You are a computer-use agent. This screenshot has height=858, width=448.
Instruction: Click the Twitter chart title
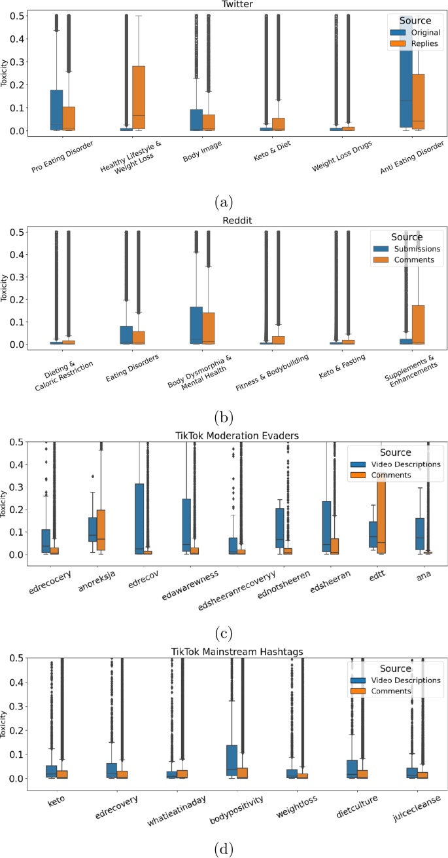coord(225,4)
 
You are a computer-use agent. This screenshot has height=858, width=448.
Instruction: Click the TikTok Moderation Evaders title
coord(224,435)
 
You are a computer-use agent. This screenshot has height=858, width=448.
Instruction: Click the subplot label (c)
coord(224,633)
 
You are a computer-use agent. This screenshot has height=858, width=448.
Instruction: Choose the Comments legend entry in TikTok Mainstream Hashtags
coord(391,690)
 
